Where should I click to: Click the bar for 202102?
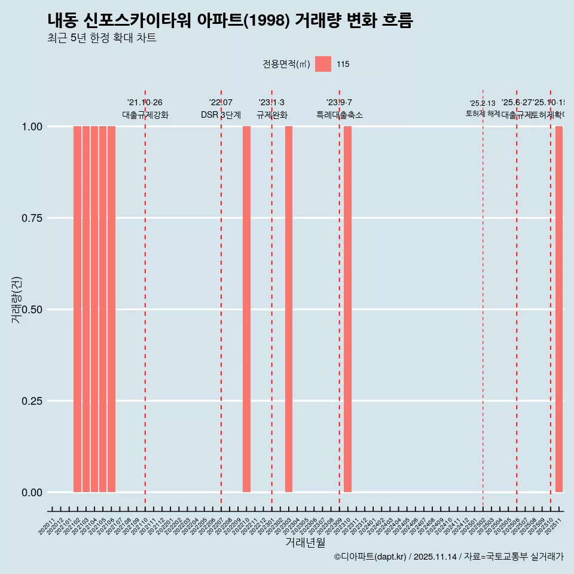point(78,309)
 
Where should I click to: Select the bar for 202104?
point(94,309)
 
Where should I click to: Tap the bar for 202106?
point(111,309)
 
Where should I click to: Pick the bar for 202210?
point(246,309)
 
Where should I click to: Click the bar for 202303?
point(289,309)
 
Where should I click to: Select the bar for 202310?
point(347,309)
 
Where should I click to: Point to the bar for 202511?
point(559,309)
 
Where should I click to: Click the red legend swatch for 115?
point(323,64)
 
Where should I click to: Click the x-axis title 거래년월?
point(305,542)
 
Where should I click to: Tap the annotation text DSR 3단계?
point(221,115)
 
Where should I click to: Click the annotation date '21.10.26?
point(145,102)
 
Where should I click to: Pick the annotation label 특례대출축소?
point(340,115)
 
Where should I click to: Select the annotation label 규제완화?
point(272,115)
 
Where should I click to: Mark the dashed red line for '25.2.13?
point(483,299)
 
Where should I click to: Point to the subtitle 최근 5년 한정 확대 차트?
point(102,38)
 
